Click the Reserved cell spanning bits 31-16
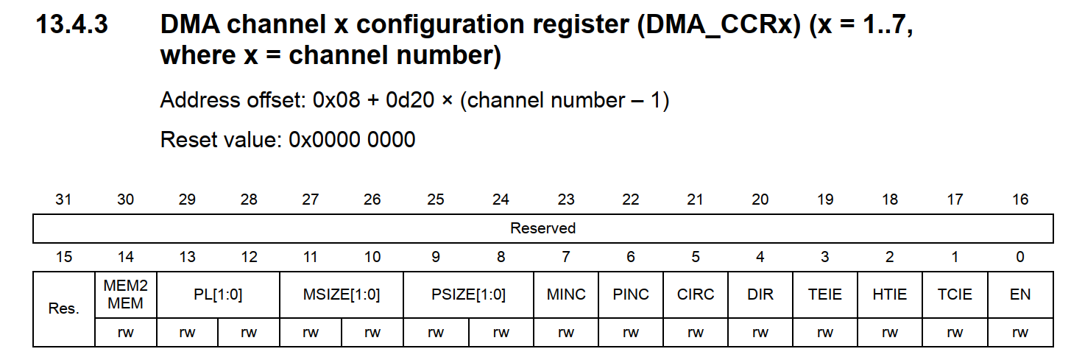coord(542,228)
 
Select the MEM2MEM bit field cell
coord(126,294)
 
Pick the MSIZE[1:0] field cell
coord(342,294)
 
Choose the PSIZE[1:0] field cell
coord(468,294)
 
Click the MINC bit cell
coord(566,294)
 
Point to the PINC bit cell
coord(631,294)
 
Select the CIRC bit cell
coord(696,294)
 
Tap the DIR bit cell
coord(760,294)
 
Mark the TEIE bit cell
coord(825,294)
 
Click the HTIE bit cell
coord(890,294)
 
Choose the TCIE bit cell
coord(955,294)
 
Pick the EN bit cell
coord(1020,294)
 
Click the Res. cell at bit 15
coord(64,308)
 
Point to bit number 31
coord(64,200)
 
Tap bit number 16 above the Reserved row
coord(1020,200)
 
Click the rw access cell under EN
coord(1020,333)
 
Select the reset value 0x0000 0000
coord(352,139)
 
